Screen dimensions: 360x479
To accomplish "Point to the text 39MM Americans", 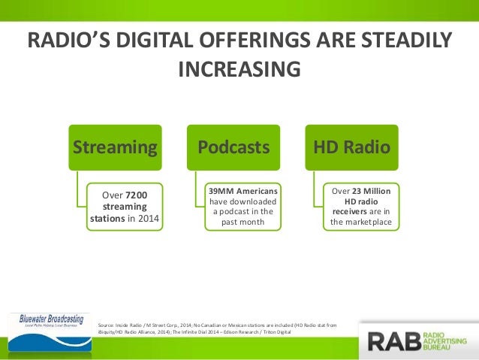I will [243, 190].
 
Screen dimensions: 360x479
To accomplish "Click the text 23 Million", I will [368, 190].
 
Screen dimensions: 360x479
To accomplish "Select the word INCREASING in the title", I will [239, 69].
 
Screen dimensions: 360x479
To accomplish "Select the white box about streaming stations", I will [125, 207].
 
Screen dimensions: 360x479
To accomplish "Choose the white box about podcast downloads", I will [243, 207].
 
